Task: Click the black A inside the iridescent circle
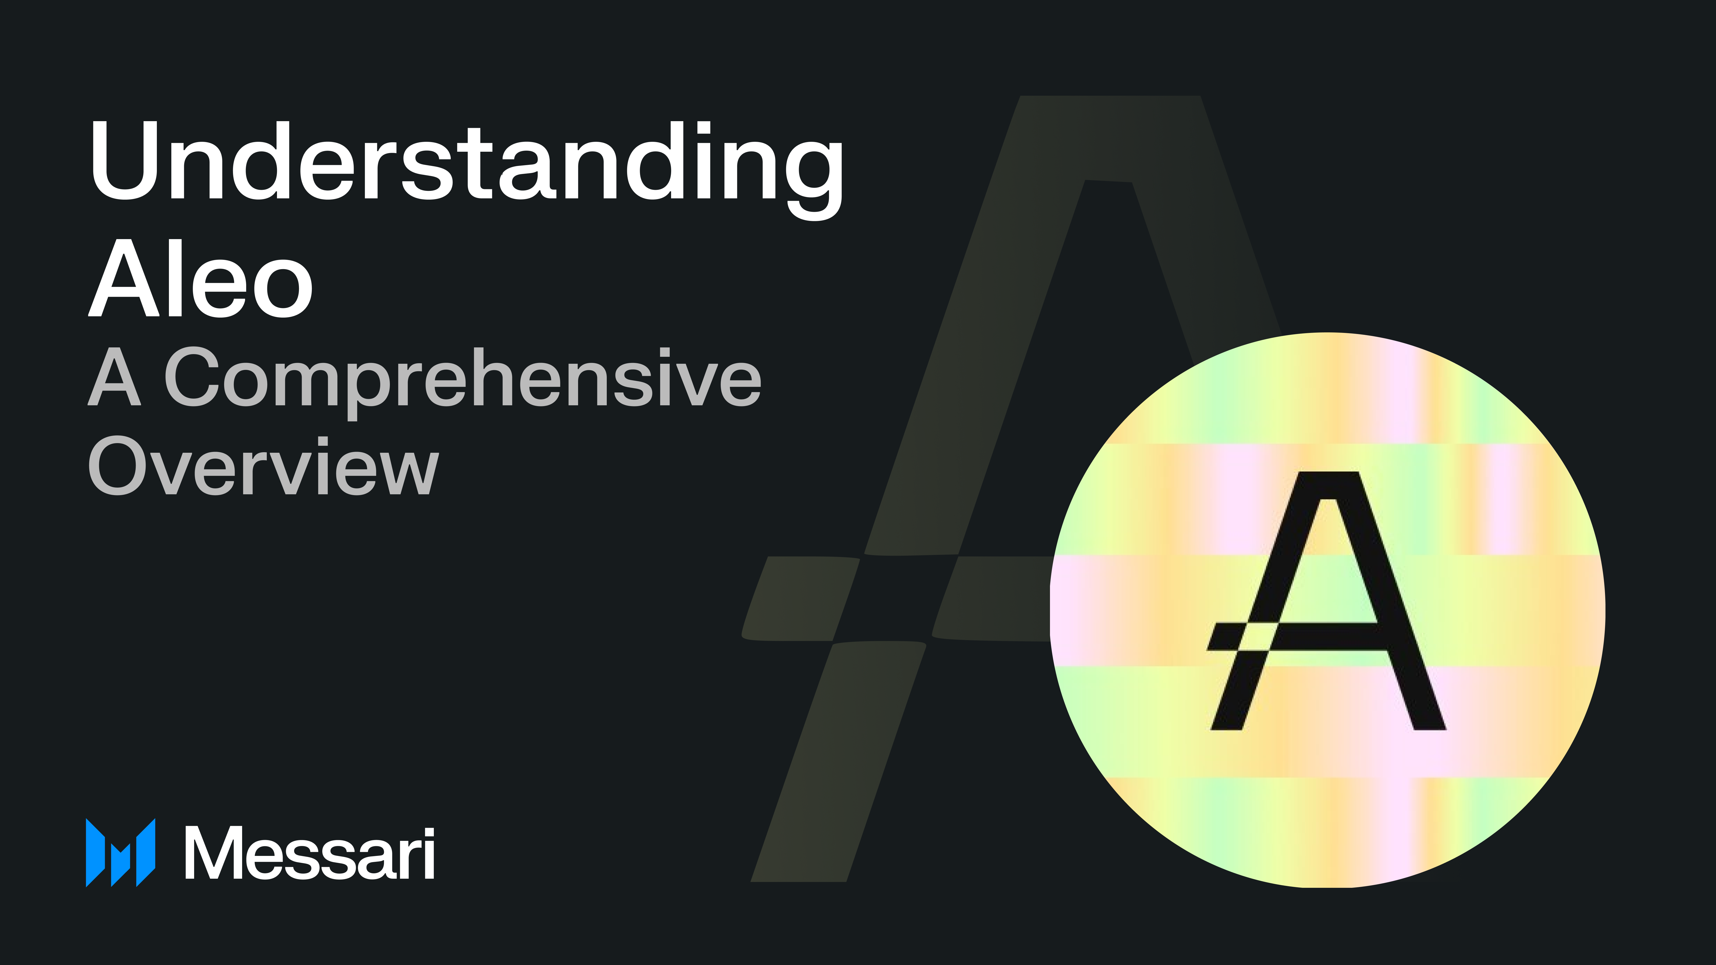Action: pos(1326,599)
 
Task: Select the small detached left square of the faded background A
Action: pos(799,598)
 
